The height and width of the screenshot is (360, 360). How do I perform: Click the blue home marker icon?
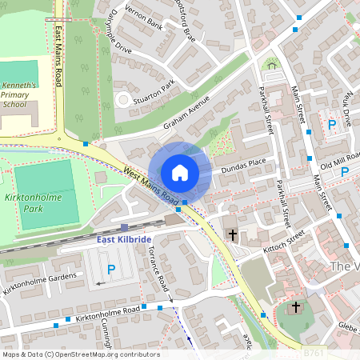[x=180, y=172]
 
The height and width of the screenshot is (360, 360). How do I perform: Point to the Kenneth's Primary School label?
[x=20, y=94]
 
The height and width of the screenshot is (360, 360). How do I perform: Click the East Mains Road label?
[x=59, y=56]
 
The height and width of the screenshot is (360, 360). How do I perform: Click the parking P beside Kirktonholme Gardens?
[x=111, y=270]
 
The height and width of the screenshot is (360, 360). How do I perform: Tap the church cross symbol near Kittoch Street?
[x=233, y=235]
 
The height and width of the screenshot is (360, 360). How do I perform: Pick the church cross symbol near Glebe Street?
[x=295, y=307]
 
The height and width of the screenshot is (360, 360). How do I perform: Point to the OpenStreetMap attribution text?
[x=80, y=354]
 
